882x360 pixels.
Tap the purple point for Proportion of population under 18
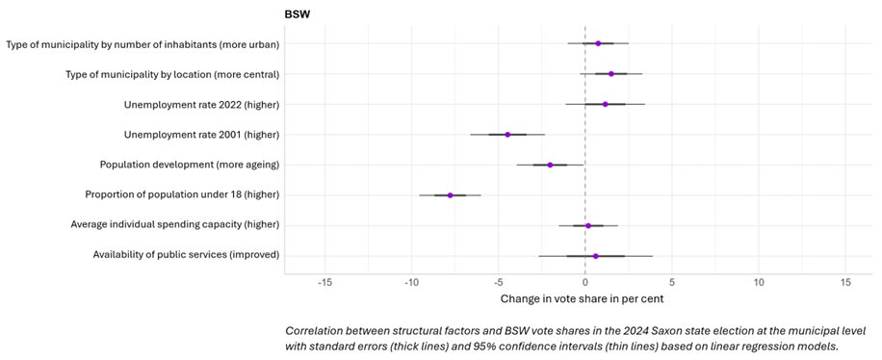coord(450,195)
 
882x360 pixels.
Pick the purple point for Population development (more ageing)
coord(550,165)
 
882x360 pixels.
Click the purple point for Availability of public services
coord(596,256)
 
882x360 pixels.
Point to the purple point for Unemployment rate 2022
coord(605,104)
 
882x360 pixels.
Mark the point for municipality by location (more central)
coord(610,73)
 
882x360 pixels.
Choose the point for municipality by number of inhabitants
coord(598,43)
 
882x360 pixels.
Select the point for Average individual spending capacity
coord(588,225)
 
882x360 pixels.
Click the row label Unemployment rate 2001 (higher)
coord(201,135)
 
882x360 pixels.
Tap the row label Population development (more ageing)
coord(190,165)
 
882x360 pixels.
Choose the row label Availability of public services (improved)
coord(186,255)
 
